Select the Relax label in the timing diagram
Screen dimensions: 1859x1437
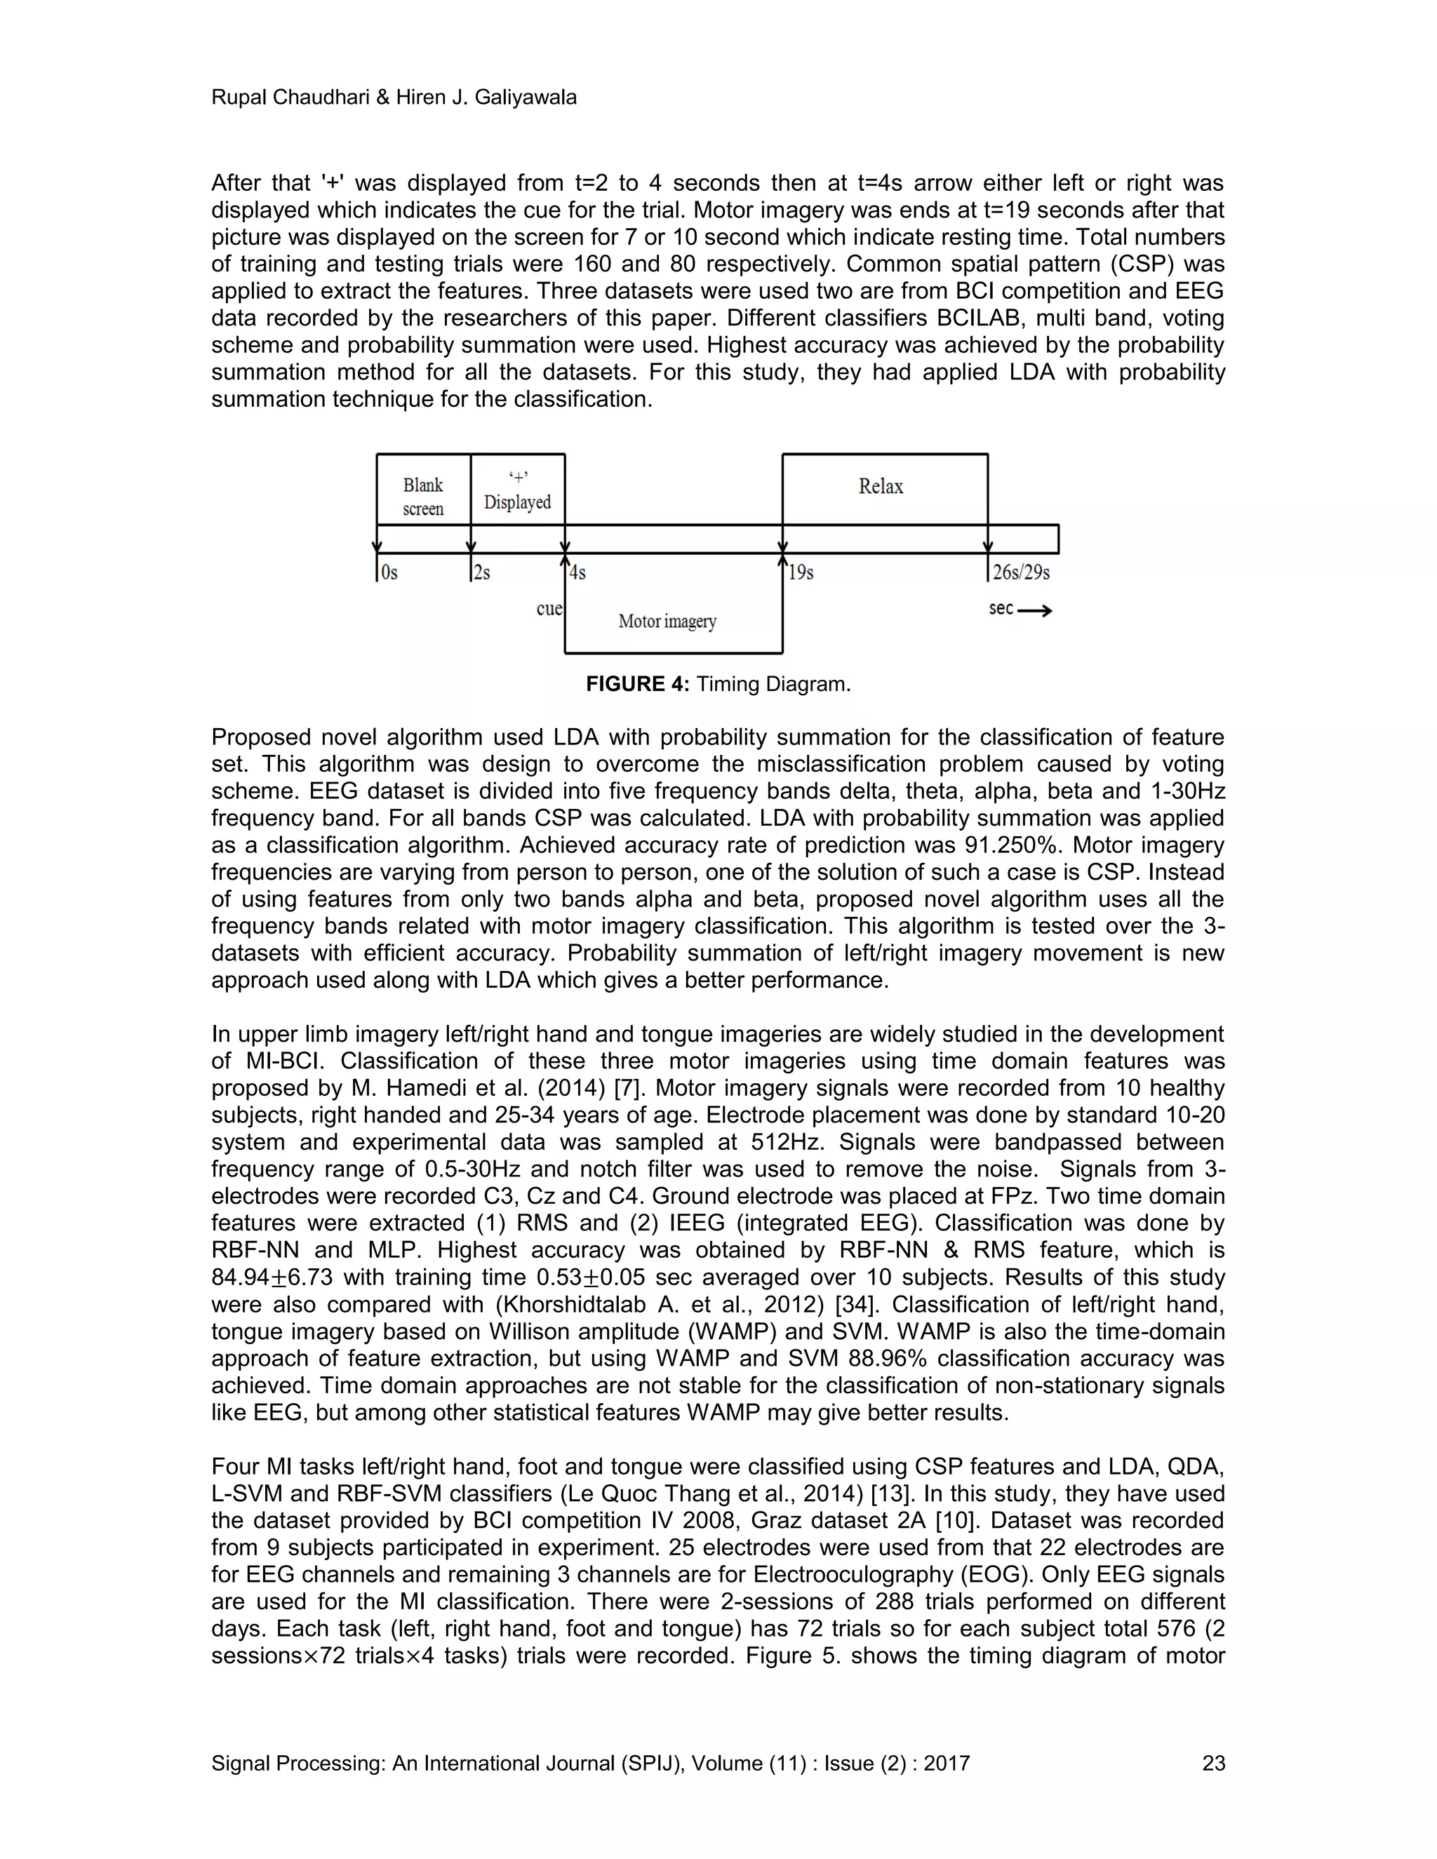point(881,486)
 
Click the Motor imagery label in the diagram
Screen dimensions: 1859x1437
point(667,622)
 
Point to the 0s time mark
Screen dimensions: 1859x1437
point(389,573)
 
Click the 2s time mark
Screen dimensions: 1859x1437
point(482,573)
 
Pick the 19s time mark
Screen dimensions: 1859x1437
point(800,573)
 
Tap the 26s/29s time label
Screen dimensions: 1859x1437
point(1021,573)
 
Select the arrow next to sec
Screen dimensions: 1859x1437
point(1034,610)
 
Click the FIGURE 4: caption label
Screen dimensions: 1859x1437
point(637,685)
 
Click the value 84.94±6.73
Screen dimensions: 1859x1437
point(272,1277)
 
